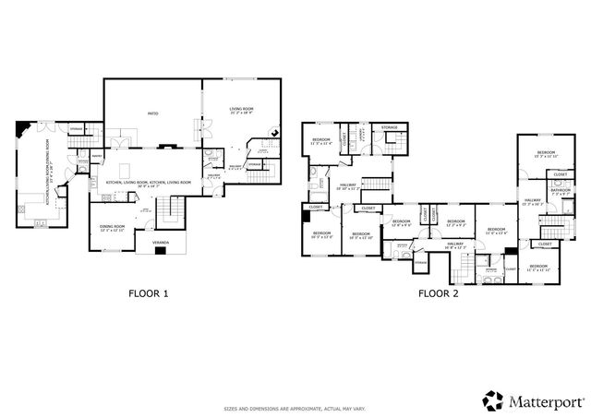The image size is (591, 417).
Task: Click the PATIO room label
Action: point(152,113)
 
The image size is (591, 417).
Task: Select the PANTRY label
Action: point(95,156)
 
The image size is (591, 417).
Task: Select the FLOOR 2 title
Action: point(439,293)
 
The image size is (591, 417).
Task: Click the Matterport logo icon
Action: point(492,399)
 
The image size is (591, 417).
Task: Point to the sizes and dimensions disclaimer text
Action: point(295,409)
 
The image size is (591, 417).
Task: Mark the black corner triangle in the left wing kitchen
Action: point(23,128)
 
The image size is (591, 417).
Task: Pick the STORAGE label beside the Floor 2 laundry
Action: point(390,127)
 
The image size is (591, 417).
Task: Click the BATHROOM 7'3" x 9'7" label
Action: point(561,194)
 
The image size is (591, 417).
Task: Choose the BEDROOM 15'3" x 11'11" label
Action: point(546,154)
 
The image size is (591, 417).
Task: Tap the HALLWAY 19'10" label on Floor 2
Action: point(347,187)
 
